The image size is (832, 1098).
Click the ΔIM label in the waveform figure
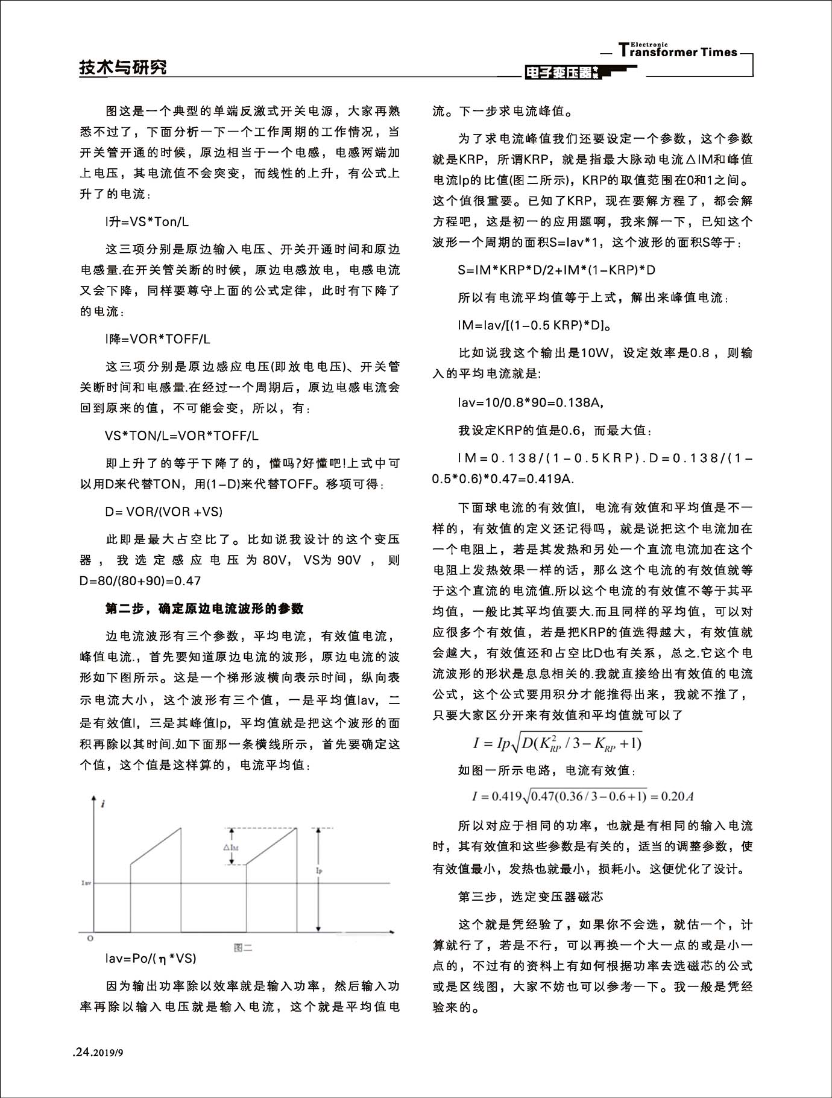tap(231, 848)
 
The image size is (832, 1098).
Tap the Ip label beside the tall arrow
tap(320, 871)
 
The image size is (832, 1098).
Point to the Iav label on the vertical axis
tap(86, 883)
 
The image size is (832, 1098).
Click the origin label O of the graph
tap(90, 939)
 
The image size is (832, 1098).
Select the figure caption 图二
tap(242, 948)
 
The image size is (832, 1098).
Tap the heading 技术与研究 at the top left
tap(123, 68)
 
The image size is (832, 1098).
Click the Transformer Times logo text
tap(678, 51)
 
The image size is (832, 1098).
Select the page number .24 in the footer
tap(81, 1052)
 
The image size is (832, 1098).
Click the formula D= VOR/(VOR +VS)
tap(163, 512)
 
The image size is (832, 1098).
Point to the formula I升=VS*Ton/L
tap(147, 222)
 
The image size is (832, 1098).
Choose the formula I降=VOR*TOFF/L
tap(157, 339)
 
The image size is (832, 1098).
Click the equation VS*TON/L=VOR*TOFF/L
tap(181, 436)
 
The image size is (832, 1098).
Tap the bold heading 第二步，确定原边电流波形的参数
tap(204, 609)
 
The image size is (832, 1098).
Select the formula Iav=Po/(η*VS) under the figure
tap(151, 958)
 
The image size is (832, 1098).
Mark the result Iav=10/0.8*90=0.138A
tap(531, 402)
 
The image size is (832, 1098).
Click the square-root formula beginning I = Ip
tap(557, 743)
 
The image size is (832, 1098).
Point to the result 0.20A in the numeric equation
tap(677, 796)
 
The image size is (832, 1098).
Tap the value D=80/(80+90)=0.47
tap(140, 581)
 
